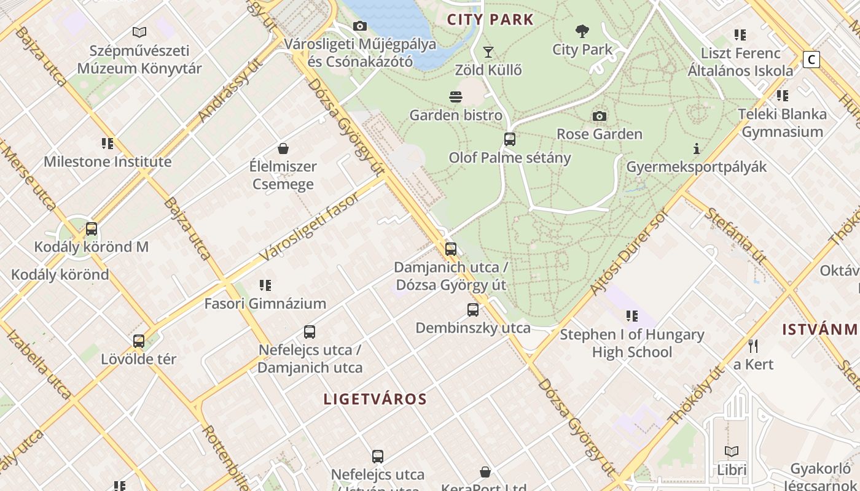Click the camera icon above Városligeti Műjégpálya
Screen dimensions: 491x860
pos(360,26)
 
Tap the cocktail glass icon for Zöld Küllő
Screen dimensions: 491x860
pos(488,52)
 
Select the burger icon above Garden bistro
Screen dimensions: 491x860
pos(456,97)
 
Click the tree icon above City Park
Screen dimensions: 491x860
pos(582,31)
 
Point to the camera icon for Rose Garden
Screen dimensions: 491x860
pos(599,116)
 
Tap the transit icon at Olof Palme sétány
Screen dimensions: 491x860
pos(509,139)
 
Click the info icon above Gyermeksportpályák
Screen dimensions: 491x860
pos(696,149)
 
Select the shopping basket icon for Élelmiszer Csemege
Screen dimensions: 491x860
pos(283,149)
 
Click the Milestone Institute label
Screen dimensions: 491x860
pos(107,162)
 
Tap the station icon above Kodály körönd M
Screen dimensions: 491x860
pos(92,229)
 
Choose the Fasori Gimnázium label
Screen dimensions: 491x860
pos(265,304)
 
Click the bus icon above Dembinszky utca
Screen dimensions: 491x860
pos(472,310)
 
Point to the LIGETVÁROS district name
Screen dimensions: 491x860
pos(375,399)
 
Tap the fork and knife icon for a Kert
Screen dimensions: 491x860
pos(753,346)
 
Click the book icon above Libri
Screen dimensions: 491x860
pos(731,452)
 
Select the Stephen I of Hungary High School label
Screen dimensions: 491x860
pos(631,343)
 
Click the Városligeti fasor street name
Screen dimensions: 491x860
pos(310,226)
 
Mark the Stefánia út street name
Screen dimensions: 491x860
pos(735,236)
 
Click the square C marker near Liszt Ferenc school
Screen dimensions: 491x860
pos(811,60)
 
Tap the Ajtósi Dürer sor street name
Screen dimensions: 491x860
pos(628,252)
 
